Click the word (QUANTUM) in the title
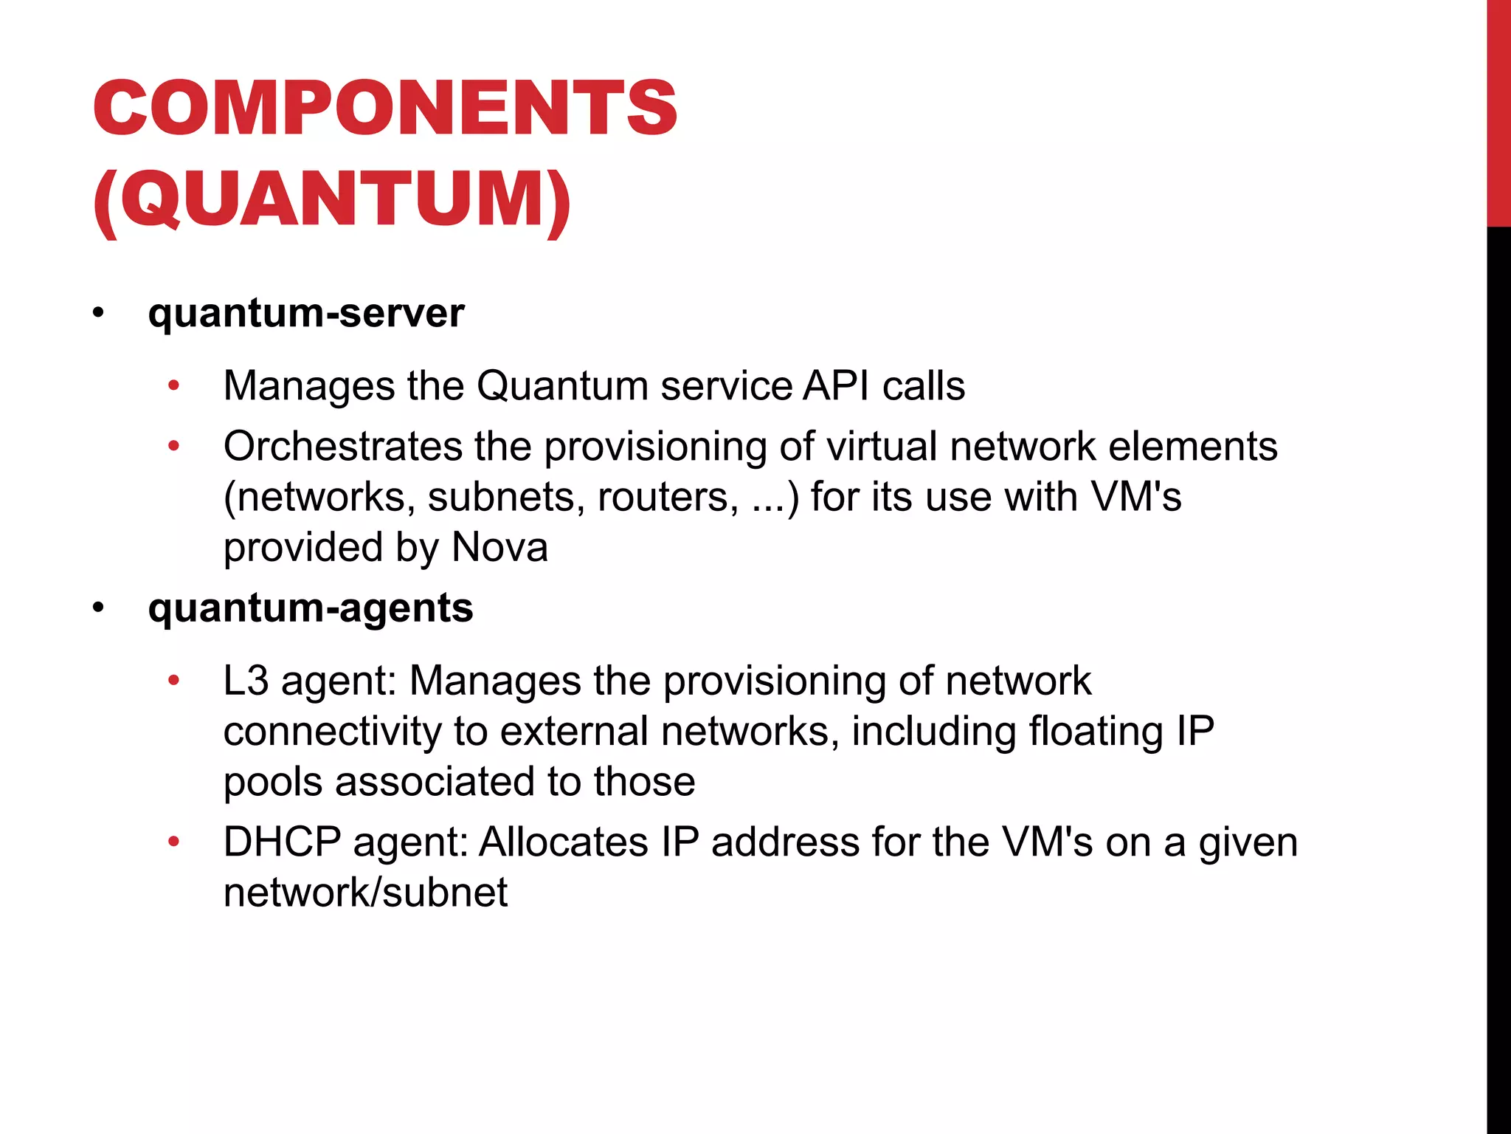click(x=332, y=199)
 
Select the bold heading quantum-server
click(x=306, y=313)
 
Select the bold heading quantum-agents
click(x=311, y=608)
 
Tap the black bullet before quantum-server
click(x=99, y=314)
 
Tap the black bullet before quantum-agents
click(x=99, y=609)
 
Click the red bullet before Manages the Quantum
click(x=174, y=385)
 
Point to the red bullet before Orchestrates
click(x=174, y=446)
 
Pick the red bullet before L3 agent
click(x=174, y=680)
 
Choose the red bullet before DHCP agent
click(x=174, y=842)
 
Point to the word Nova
click(x=499, y=547)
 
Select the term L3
click(x=246, y=680)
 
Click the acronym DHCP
click(x=283, y=842)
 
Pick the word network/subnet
click(x=365, y=892)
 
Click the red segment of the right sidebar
click(x=1498, y=111)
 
